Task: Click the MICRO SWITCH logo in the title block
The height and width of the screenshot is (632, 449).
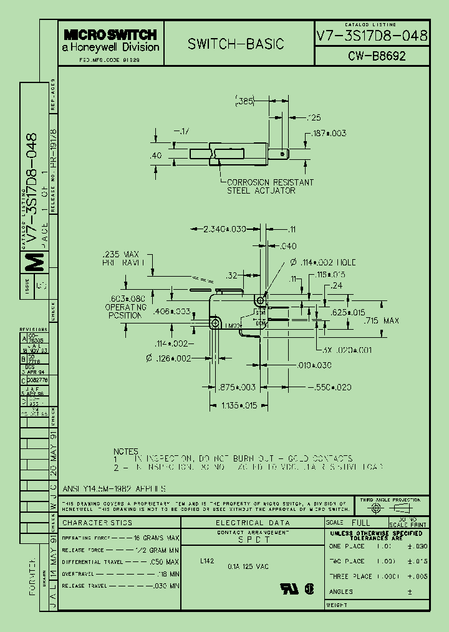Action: click(x=110, y=35)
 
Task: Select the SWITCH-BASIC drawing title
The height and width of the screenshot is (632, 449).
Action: click(x=236, y=44)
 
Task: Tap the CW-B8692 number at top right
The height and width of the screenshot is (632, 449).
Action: click(x=377, y=56)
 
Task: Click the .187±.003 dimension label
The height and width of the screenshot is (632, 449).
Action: click(x=328, y=134)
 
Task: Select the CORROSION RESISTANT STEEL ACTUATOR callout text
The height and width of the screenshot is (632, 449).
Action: click(x=269, y=186)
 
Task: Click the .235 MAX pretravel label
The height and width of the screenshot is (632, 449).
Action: click(x=121, y=259)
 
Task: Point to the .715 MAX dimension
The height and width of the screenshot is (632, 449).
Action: click(x=381, y=320)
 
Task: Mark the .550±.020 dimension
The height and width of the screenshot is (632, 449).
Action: click(x=331, y=387)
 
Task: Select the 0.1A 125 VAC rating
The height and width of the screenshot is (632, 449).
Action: click(x=248, y=566)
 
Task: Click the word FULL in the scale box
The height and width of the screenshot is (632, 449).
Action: click(x=360, y=522)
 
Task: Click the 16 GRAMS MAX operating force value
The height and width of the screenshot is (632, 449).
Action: click(x=157, y=538)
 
